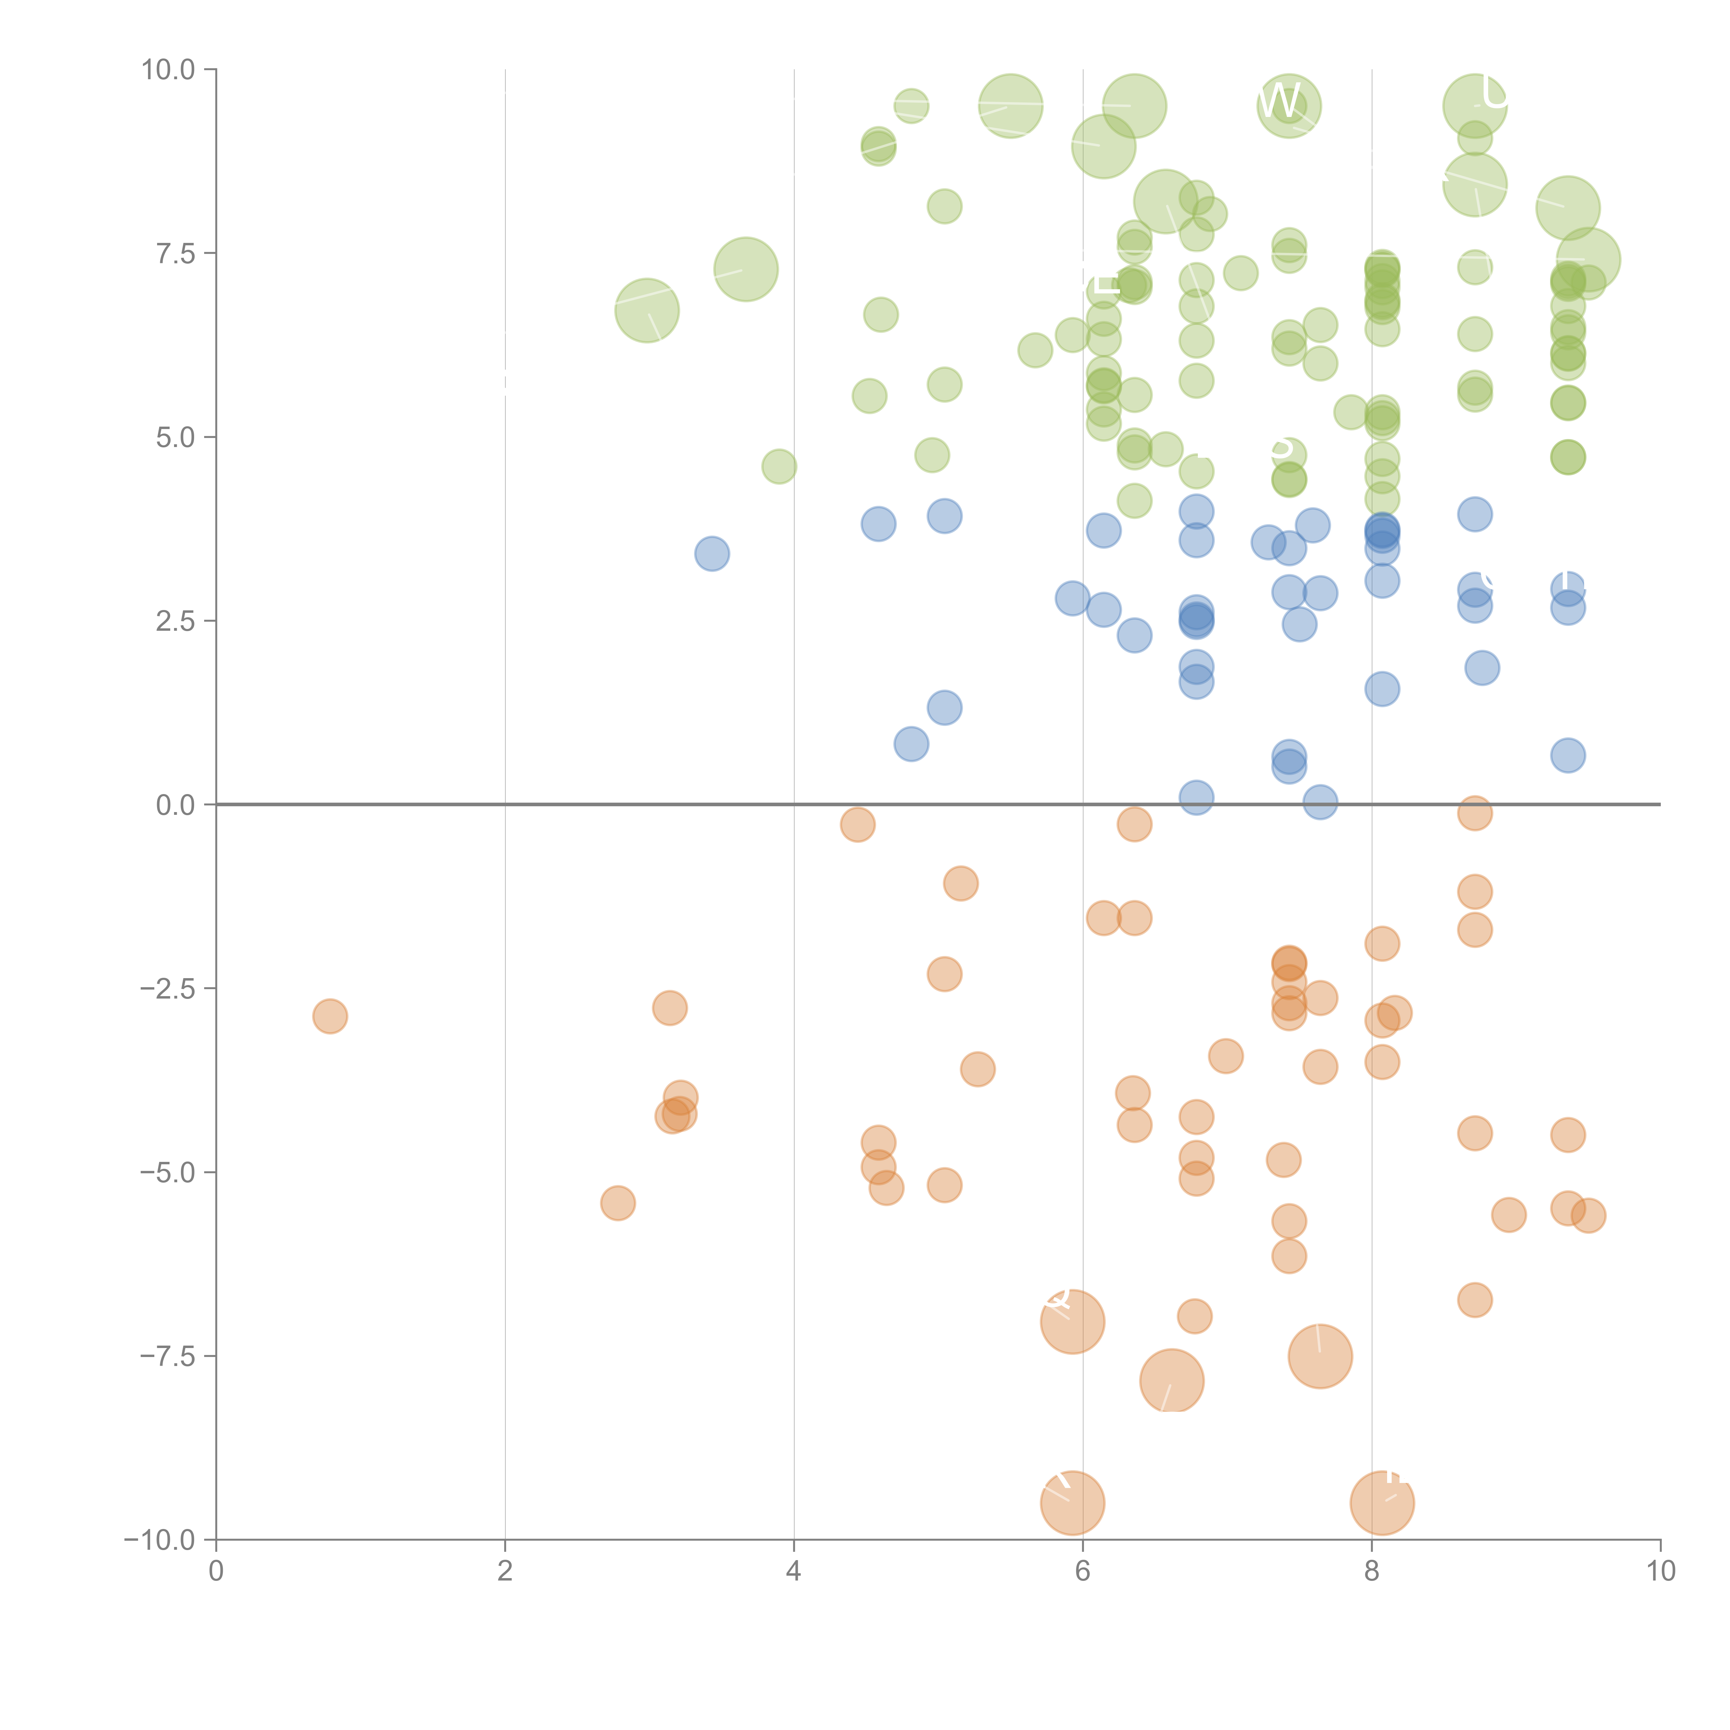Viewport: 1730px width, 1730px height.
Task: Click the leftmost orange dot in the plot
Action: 330,1016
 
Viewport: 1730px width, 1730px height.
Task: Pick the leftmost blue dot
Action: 712,554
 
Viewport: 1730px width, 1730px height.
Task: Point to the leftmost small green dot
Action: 779,466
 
